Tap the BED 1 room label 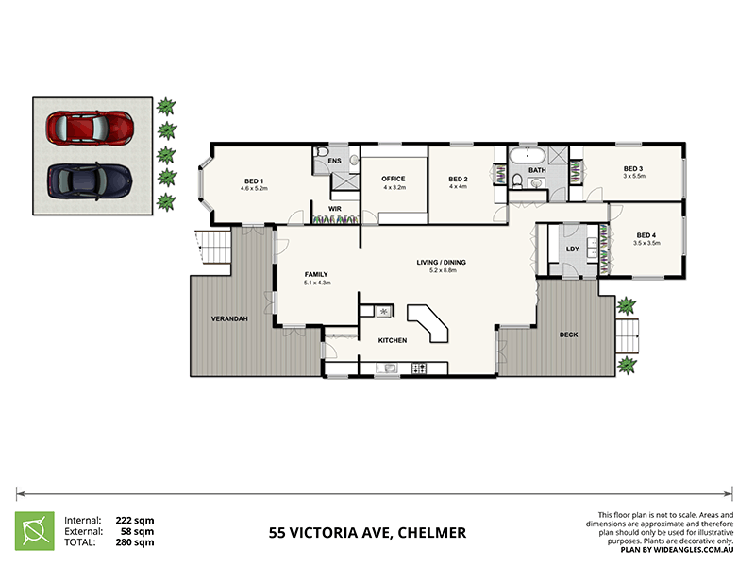point(254,180)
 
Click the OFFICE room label point(393,179)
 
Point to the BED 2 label point(458,180)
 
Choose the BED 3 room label point(632,169)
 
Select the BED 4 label point(646,235)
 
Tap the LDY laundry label point(572,249)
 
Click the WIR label point(334,209)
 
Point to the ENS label point(334,162)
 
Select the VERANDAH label point(228,318)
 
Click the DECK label point(568,335)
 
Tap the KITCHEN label point(392,340)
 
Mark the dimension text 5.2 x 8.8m point(442,271)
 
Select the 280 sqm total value point(137,542)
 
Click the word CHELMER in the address point(431,533)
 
